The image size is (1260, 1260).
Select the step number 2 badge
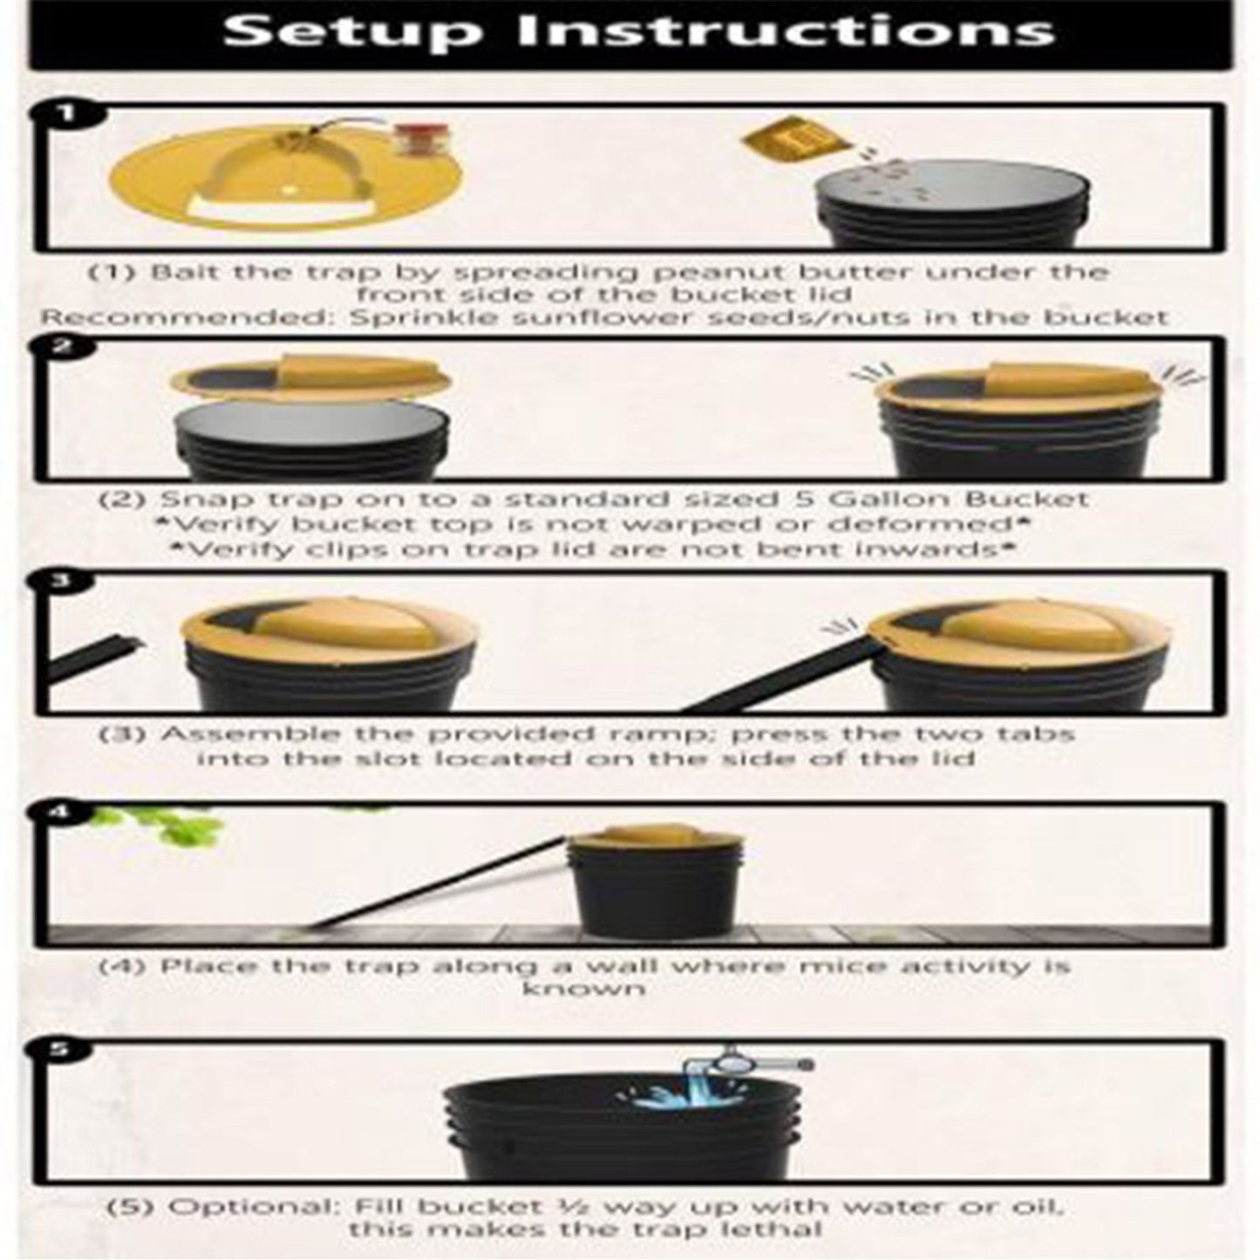point(64,347)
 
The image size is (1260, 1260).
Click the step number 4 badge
point(61,813)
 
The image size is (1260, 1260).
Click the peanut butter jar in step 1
point(419,140)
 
